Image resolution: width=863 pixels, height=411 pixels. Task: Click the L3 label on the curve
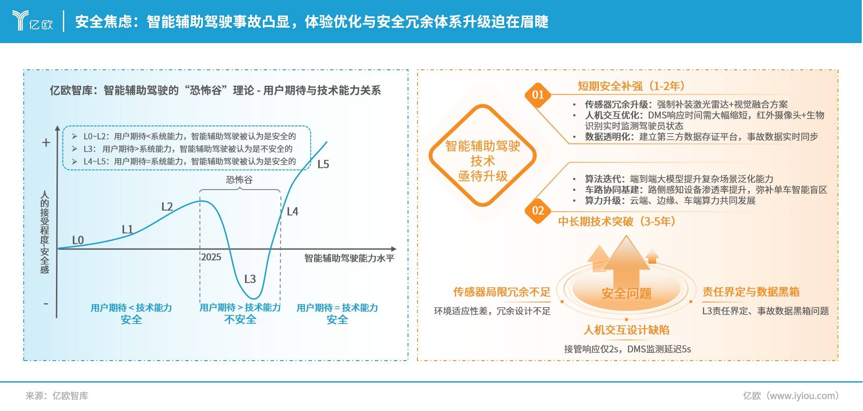250,279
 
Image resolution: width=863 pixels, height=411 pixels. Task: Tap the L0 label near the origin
78,240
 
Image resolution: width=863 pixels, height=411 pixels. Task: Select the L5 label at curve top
323,164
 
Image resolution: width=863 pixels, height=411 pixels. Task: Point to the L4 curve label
293,212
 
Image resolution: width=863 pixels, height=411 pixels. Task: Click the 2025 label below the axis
211,257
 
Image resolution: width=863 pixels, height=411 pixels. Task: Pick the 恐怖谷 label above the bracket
239,180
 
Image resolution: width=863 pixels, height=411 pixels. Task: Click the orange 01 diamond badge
538,95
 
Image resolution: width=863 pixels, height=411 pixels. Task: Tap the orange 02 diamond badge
538,211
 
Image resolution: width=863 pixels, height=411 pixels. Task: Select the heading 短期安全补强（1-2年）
632,86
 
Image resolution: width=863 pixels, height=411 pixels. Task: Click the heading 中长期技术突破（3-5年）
617,221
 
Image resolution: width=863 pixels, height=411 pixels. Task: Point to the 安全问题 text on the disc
626,293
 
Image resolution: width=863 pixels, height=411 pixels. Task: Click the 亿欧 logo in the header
33,20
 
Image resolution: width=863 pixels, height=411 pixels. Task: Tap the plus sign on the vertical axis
46,143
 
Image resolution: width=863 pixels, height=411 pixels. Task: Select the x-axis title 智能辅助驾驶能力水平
349,258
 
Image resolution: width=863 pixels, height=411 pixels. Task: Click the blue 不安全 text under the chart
240,320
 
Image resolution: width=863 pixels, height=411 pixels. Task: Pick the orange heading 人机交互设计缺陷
626,330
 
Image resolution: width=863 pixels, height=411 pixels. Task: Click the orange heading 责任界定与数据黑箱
751,292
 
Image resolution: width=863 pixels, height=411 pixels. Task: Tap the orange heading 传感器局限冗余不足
502,292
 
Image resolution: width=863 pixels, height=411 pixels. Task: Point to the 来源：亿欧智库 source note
57,395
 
